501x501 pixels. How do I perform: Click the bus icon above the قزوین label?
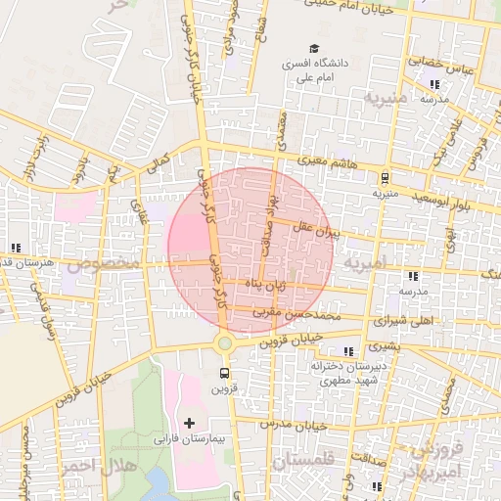tap(225, 373)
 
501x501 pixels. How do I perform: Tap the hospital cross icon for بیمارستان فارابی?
tap(189, 423)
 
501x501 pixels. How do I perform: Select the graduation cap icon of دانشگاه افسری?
tap(314, 48)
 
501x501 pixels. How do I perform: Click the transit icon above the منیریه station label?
tap(384, 178)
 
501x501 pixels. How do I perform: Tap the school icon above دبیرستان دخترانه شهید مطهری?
tap(349, 351)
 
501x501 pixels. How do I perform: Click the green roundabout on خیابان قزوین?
tap(225, 342)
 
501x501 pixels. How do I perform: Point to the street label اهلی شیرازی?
tap(402, 321)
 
